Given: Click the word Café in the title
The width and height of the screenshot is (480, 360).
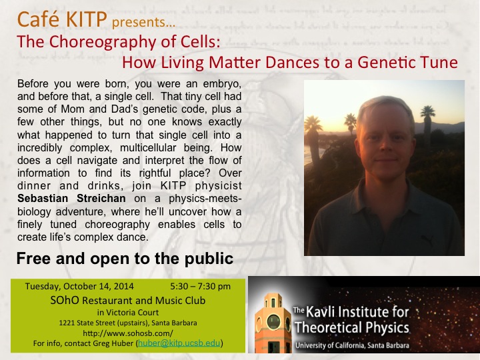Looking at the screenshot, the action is point(38,19).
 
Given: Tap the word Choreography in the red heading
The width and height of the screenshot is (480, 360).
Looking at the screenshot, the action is point(103,42).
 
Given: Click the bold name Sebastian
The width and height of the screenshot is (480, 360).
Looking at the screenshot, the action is point(43,199).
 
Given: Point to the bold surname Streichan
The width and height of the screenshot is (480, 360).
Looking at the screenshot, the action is point(101,199).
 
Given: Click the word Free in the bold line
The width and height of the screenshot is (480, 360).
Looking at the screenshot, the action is point(34,259).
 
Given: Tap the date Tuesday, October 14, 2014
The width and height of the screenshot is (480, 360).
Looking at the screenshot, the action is point(79,286).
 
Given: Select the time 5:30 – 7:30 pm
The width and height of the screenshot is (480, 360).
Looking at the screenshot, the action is point(200,286).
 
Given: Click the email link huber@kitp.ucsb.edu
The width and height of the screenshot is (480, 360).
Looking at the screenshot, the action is point(179,343).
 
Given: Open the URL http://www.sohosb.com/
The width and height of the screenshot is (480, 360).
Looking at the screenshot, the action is point(127,333).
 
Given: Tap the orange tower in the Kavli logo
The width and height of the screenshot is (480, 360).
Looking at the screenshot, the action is point(273,323).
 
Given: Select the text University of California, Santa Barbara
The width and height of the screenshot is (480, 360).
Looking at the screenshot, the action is point(352,345).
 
